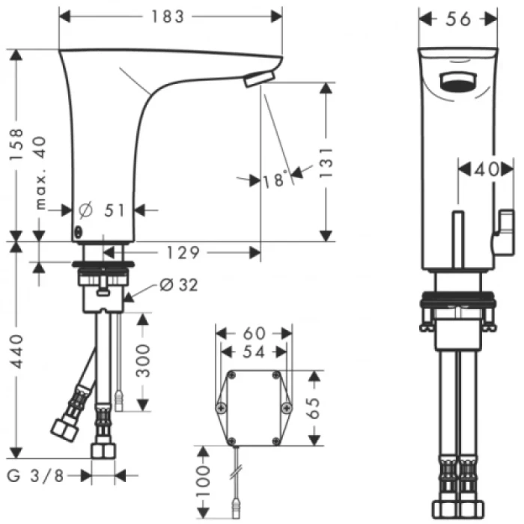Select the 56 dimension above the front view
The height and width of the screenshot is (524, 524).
coord(459,19)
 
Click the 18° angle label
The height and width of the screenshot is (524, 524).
coord(275,180)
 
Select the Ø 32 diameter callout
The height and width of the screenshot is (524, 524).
coord(180,285)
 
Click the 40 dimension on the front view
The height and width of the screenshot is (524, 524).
coord(485,171)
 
